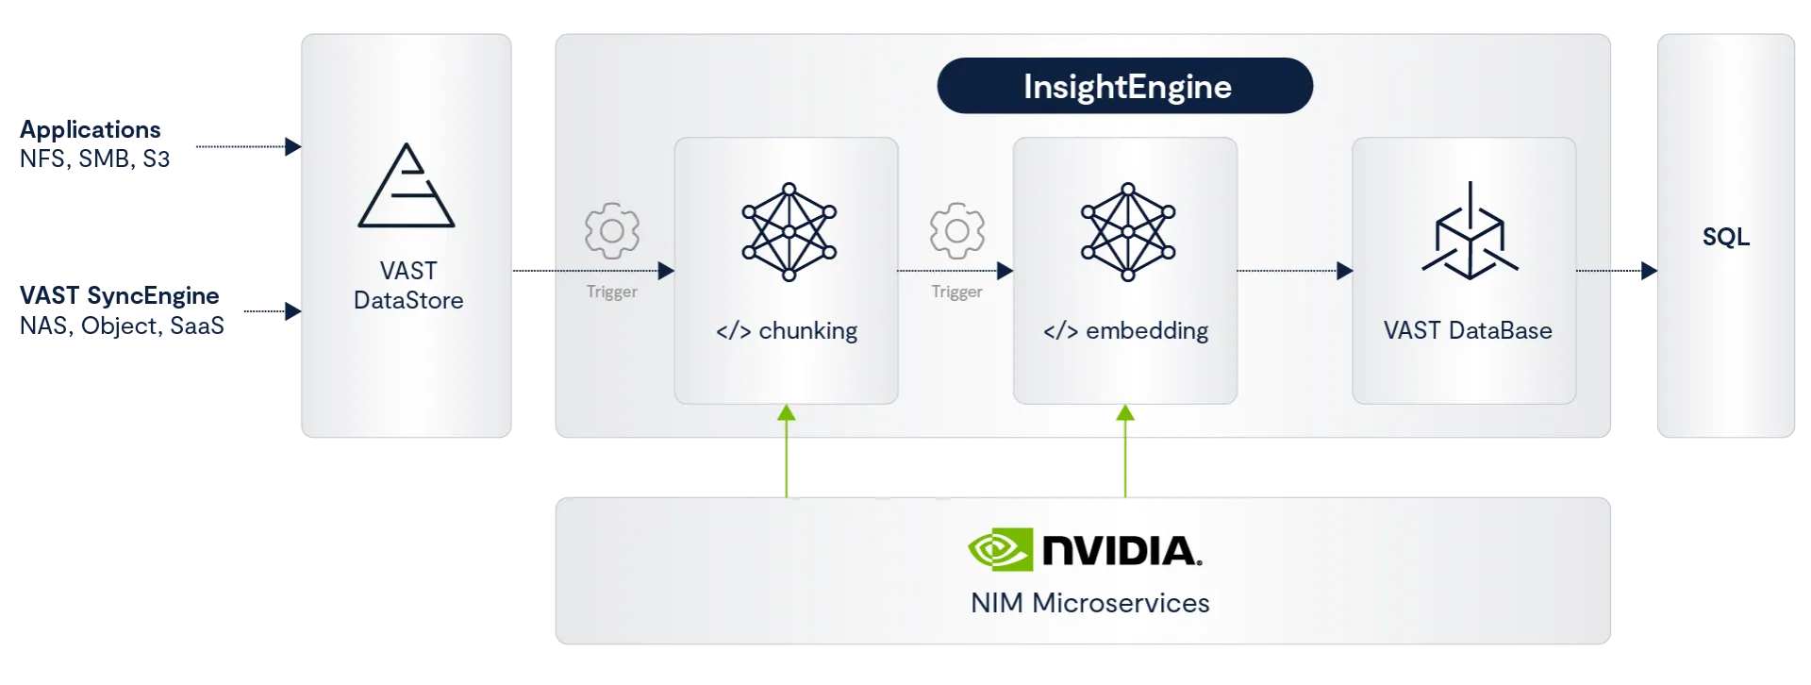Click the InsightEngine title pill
(x=1124, y=86)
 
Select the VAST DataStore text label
(x=408, y=286)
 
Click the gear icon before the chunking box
(x=612, y=230)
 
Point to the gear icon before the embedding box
(x=957, y=230)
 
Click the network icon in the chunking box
(x=789, y=232)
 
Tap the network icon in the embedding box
(x=1127, y=232)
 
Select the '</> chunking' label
(x=787, y=331)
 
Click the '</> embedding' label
(x=1125, y=331)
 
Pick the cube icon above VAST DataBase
(x=1470, y=232)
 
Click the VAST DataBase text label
(x=1468, y=331)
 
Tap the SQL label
(x=1725, y=237)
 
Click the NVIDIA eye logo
(x=1000, y=549)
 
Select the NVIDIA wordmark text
(x=1121, y=550)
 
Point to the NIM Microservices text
(x=1089, y=603)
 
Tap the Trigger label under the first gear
(x=611, y=292)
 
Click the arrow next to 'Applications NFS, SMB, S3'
(x=244, y=147)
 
